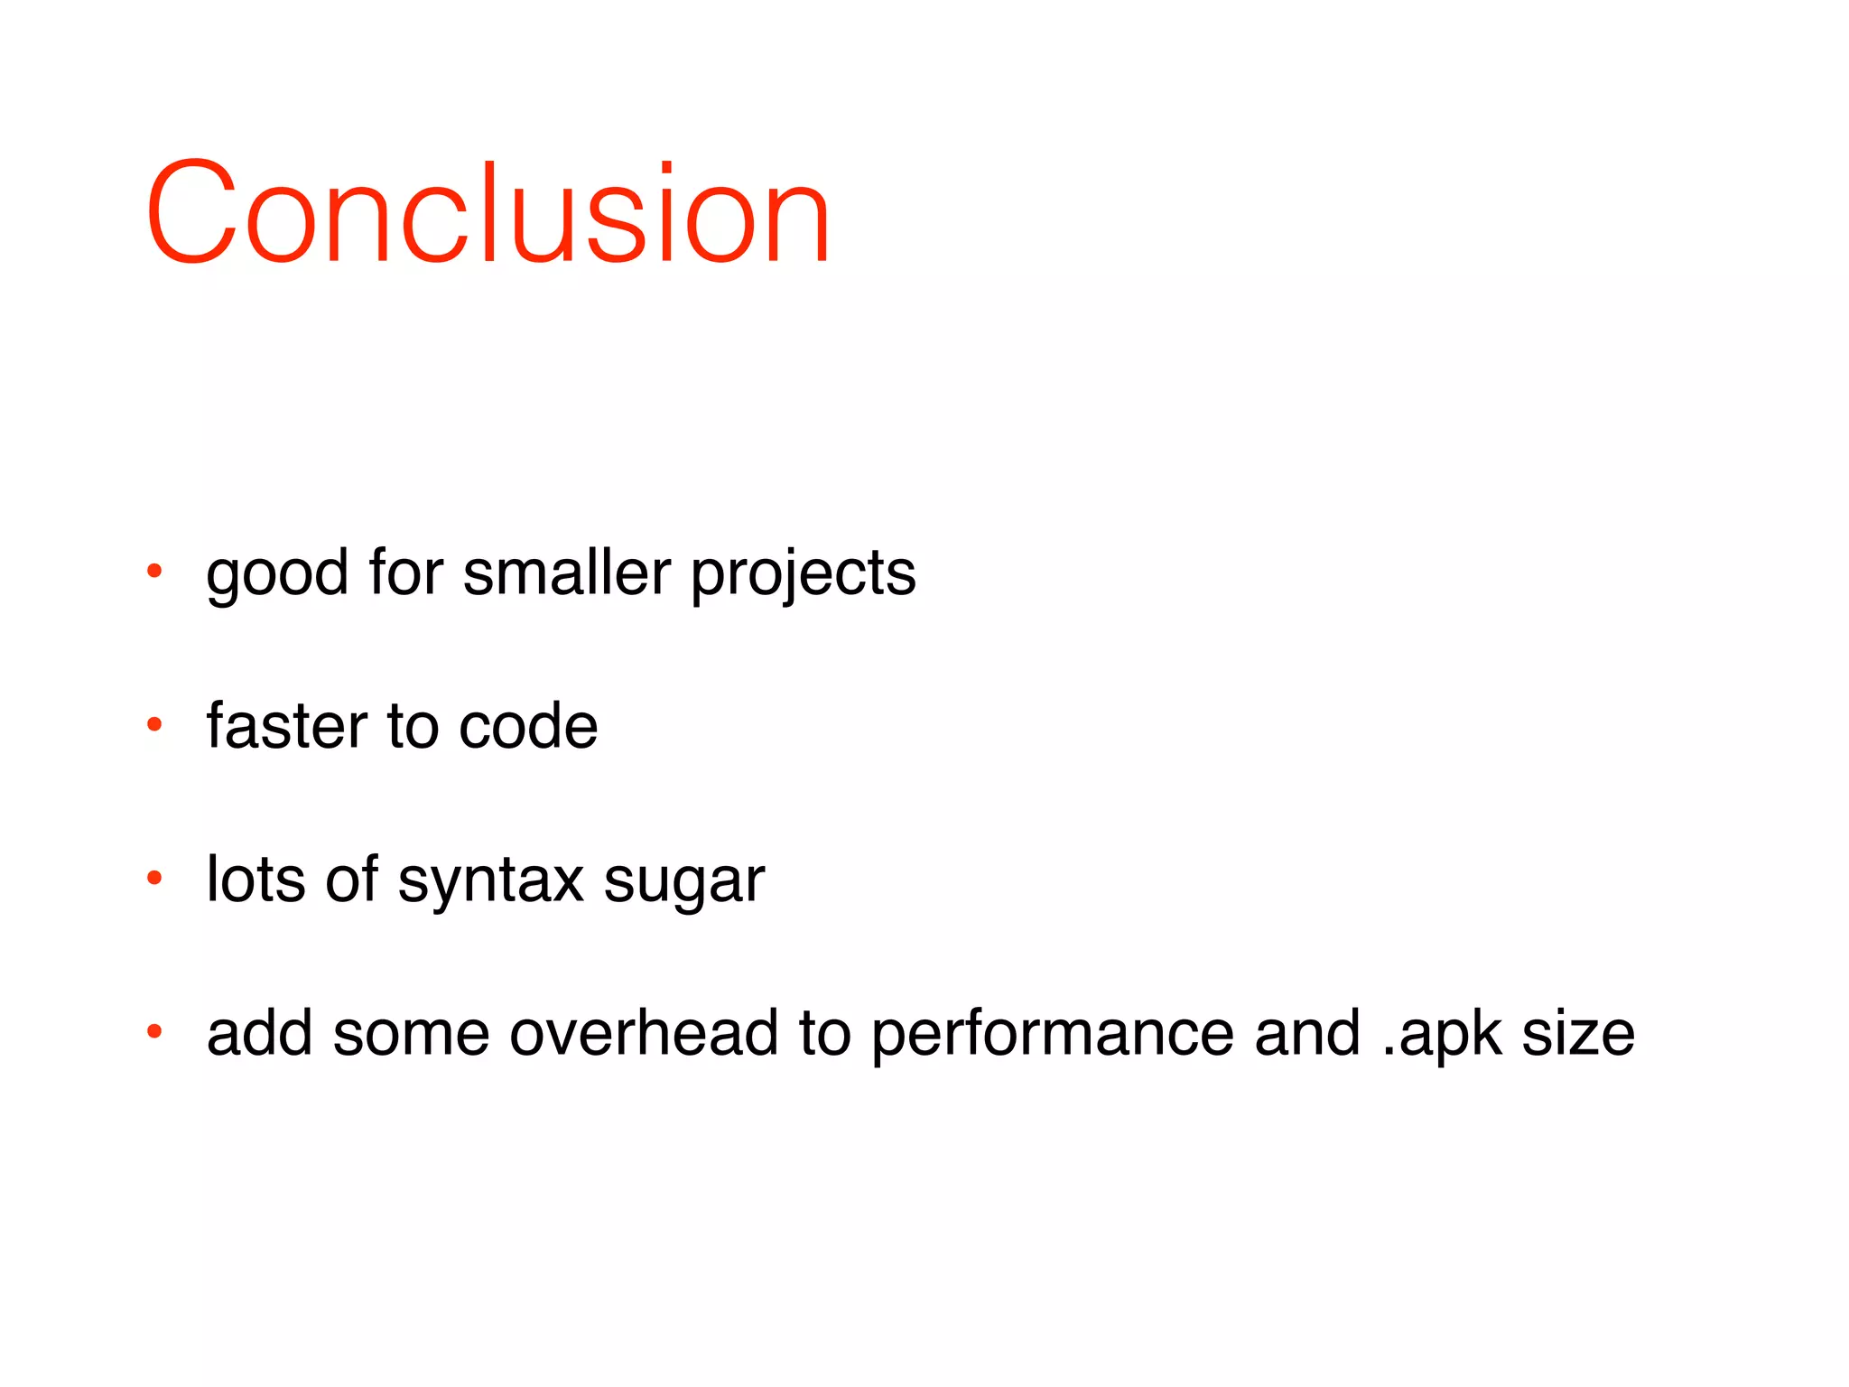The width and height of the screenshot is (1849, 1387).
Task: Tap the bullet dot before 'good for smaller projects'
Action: [154, 571]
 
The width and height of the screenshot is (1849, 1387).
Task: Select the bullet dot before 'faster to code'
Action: [154, 724]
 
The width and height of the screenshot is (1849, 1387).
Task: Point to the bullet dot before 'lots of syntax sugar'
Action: [154, 878]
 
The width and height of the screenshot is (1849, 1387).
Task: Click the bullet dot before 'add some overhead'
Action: [154, 1031]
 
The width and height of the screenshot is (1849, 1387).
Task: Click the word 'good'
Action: [277, 574]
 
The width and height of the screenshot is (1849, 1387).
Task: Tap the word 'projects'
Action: [804, 574]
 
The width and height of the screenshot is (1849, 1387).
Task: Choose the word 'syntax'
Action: [490, 881]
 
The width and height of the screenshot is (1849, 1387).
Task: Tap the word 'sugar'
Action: [683, 881]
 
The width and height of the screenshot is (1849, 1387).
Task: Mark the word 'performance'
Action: [1052, 1035]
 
